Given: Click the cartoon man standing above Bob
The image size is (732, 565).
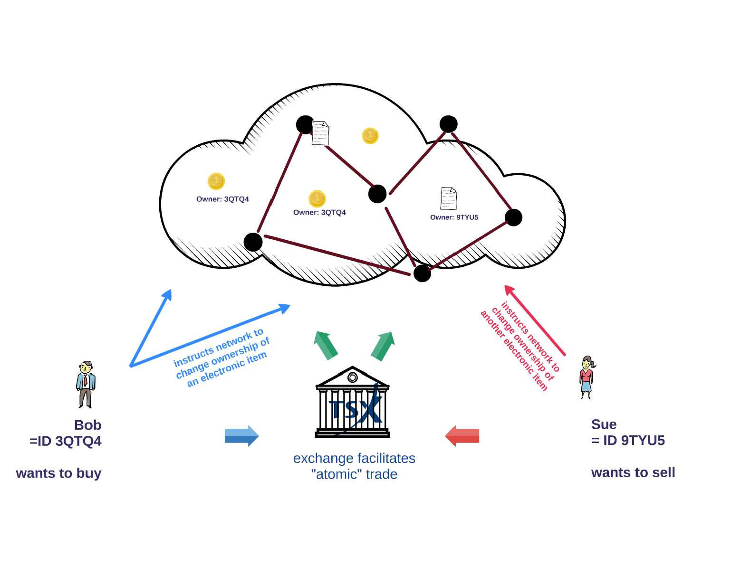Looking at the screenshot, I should (86, 384).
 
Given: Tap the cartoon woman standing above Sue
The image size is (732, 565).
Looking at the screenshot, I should (587, 377).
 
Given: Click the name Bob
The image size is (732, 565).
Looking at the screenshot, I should (87, 425).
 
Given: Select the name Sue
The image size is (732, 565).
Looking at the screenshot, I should (604, 424).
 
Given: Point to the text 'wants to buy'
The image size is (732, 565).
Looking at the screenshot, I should (58, 473).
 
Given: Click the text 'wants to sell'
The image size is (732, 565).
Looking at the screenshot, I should (633, 473).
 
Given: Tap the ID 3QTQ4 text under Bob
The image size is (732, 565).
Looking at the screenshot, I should (66, 441).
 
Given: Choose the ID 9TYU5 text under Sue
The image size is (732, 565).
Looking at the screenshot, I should (628, 441).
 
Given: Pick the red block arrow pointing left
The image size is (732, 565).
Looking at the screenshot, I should (462, 435).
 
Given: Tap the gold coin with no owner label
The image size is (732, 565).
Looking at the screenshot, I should (370, 136).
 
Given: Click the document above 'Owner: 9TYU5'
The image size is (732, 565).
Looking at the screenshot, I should (448, 198).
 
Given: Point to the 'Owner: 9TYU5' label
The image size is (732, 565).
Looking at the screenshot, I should (454, 217).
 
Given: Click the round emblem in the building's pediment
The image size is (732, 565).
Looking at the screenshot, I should (352, 377).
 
